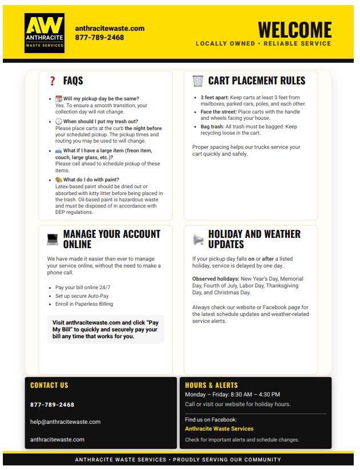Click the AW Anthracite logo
(44, 33)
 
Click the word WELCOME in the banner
(294, 30)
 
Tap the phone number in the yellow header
(99, 38)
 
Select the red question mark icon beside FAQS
(52, 82)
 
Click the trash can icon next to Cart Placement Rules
(197, 81)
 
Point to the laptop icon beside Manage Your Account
(52, 240)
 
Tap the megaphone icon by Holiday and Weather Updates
(198, 240)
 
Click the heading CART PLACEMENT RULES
(257, 81)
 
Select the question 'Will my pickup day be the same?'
(101, 99)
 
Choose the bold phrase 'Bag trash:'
(212, 126)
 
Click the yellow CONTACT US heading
(49, 385)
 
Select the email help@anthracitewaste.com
(65, 422)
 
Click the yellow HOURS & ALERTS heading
(211, 385)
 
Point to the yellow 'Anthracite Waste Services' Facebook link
(219, 428)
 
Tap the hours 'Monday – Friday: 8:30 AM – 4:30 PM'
(232, 395)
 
